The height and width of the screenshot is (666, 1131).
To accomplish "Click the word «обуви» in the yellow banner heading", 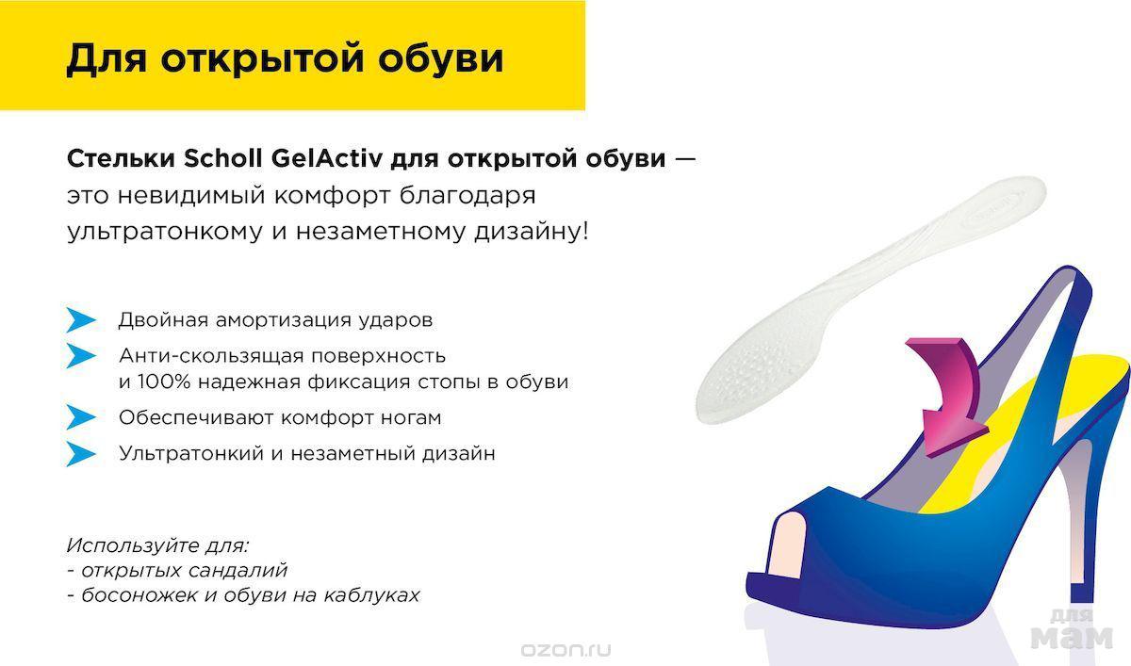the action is [x=440, y=59].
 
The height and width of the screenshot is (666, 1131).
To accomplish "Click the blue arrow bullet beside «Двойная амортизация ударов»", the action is [x=81, y=320].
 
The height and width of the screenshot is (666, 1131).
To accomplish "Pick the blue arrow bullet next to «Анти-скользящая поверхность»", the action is [x=81, y=356].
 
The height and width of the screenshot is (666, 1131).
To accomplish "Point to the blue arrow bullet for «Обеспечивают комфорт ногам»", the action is [x=81, y=417].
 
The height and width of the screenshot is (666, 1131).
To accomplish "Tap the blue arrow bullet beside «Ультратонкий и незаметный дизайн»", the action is [x=81, y=454].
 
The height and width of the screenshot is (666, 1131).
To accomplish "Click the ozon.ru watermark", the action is [x=565, y=650].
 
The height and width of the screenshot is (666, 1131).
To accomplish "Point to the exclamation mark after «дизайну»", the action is [x=584, y=232].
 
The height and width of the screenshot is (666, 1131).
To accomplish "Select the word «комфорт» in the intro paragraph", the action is [x=332, y=196].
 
